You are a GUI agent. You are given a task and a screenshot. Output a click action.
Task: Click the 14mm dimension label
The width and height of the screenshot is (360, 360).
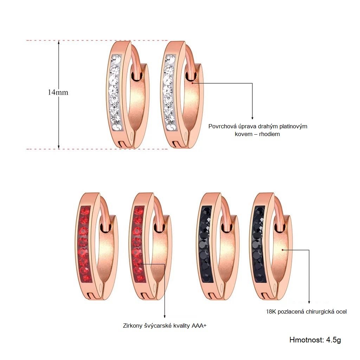point(58,92)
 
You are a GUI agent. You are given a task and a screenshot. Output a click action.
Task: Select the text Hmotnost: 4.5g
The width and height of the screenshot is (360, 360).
point(315,340)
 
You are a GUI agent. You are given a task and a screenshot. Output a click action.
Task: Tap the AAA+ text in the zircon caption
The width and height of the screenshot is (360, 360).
point(199,326)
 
